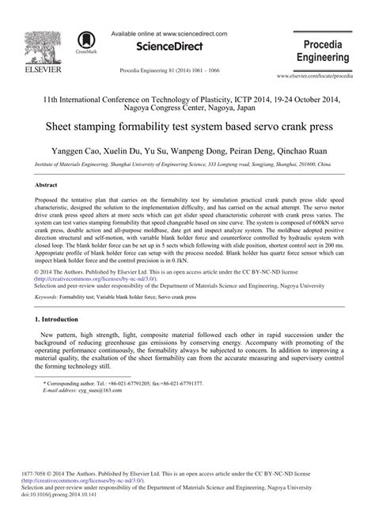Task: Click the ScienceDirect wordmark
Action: click(165, 47)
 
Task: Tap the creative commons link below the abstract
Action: click(90, 279)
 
